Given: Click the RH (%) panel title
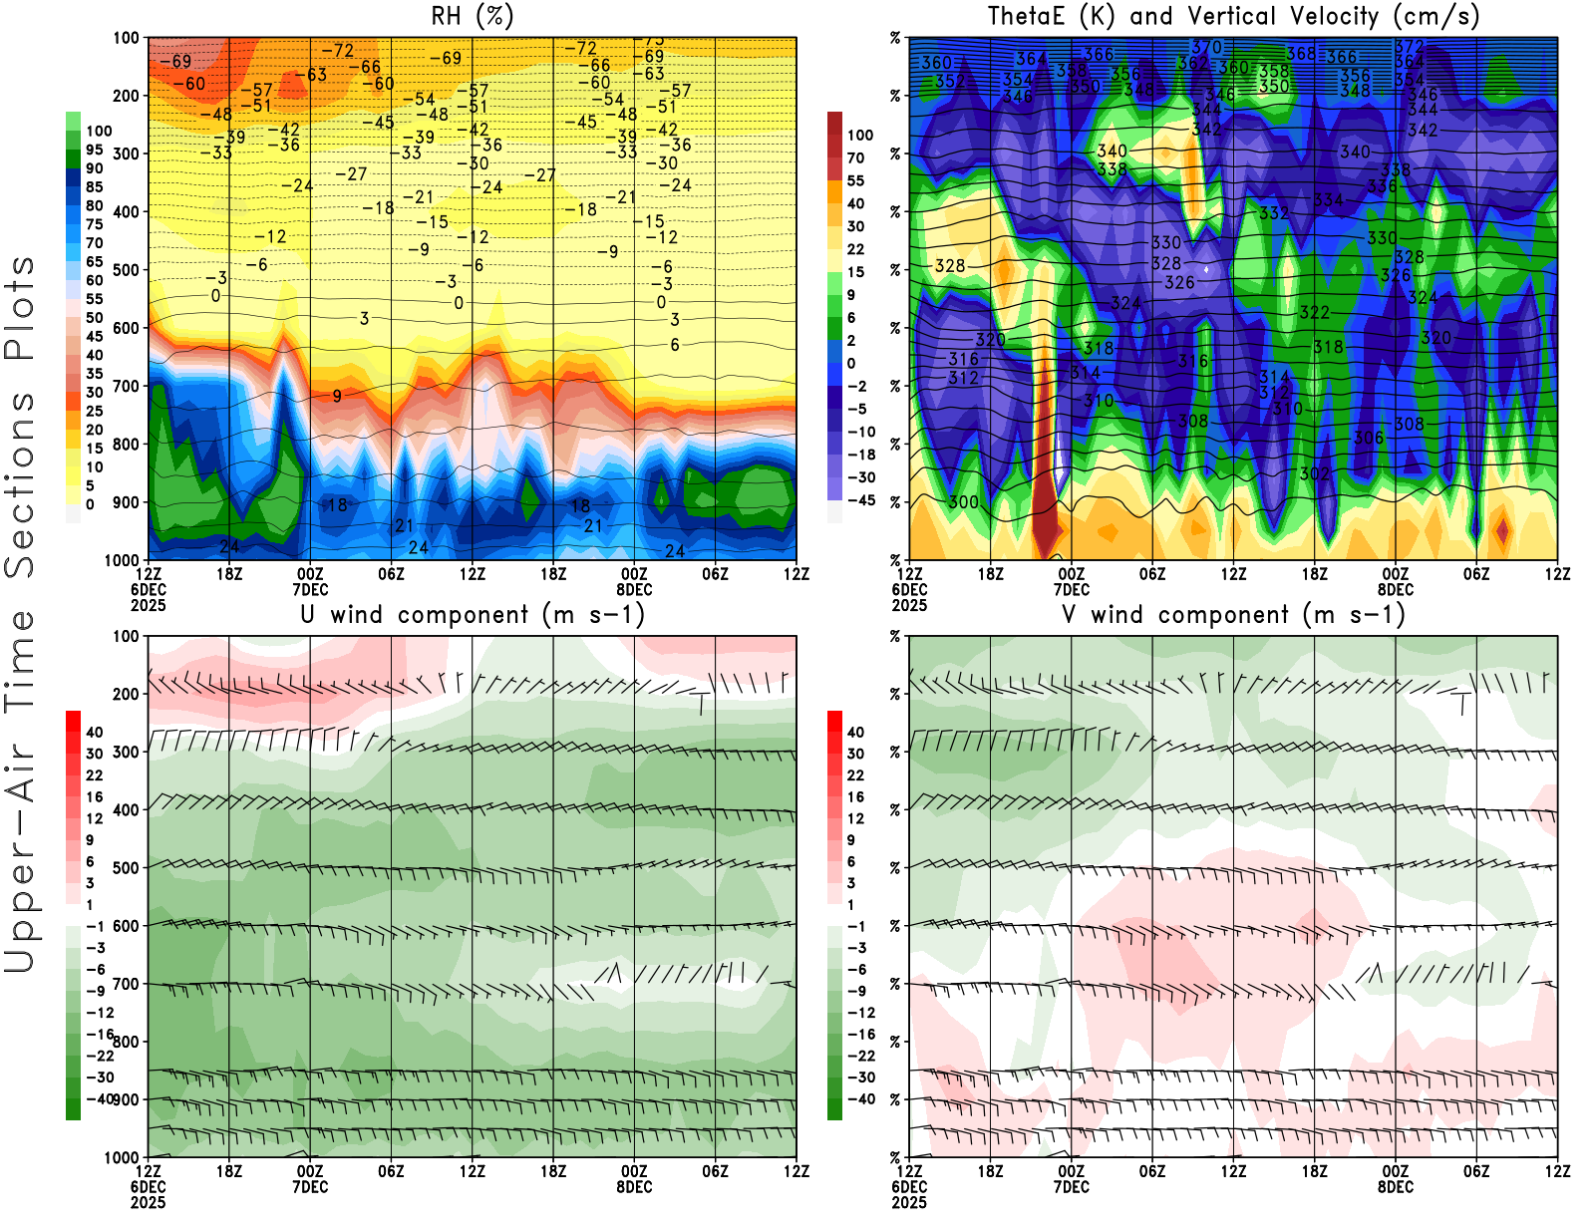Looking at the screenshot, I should point(473,17).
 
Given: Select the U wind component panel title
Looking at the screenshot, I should point(473,615).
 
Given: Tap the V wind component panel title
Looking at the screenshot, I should point(1233,615).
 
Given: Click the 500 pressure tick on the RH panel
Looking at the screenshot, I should point(126,270).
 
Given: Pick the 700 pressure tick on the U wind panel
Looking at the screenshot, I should point(126,984).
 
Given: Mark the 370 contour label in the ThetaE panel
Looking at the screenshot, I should point(1206,47).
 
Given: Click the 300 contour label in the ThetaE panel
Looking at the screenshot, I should point(963,502).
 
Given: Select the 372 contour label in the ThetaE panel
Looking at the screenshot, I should point(1409,47).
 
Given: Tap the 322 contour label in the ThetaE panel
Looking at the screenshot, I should point(1314,313).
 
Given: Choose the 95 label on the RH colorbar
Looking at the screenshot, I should point(95,150).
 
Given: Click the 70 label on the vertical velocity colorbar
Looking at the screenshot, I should point(855,157).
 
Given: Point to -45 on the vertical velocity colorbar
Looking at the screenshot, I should point(860,500).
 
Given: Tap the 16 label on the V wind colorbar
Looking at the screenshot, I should point(855,797).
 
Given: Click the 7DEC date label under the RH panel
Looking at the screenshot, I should point(310,589).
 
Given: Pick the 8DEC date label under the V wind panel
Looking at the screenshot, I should point(1396,1187).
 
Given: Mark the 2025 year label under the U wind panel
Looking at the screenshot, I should point(148,1202).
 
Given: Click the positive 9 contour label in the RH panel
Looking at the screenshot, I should point(337,396).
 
